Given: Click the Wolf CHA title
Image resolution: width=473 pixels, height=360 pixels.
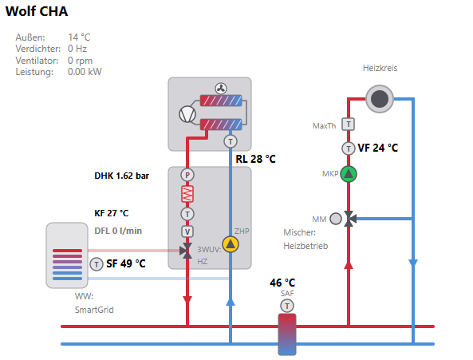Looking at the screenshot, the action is pos(37,11).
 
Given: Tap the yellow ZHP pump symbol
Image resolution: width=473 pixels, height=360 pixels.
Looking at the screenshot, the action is pos(231,244).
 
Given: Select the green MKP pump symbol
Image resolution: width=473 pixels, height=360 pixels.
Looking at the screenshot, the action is pos(349,174).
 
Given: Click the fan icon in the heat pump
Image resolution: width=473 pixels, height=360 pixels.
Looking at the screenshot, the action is pos(221,89).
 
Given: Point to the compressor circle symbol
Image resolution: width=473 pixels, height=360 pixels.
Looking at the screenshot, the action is pos(187,114).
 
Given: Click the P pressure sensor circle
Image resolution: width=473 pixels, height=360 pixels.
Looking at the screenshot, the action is pos(187,175).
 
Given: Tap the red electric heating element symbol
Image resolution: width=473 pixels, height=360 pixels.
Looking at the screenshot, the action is pos(187,194).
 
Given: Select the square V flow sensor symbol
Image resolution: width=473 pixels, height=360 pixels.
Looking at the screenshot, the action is pos(187,231).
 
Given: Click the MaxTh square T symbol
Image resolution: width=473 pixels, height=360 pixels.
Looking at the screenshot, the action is pos(348,124).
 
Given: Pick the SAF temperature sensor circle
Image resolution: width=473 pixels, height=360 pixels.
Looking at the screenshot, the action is pos(287,306).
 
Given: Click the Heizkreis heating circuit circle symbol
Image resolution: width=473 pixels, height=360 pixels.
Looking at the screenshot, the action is pos(380,99).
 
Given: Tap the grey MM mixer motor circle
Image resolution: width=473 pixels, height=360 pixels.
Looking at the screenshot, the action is pos(336,219).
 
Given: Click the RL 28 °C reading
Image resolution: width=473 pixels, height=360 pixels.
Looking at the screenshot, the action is pos(255,159).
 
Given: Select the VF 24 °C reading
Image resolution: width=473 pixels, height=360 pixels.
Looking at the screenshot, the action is pos(377,148).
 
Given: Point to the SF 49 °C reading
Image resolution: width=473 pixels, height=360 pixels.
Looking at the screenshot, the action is pos(126,263).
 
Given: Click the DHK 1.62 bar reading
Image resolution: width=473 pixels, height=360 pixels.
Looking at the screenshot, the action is pos(121,176).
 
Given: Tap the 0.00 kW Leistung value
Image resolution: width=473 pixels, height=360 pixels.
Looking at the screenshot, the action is pos(85,72).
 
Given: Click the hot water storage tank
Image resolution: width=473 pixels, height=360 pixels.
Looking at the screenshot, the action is pos(67,255).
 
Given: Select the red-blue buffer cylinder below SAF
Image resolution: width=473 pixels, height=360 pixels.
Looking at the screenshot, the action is pos(287,334).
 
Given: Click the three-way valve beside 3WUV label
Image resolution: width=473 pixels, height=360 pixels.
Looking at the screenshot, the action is pos(187,251).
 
